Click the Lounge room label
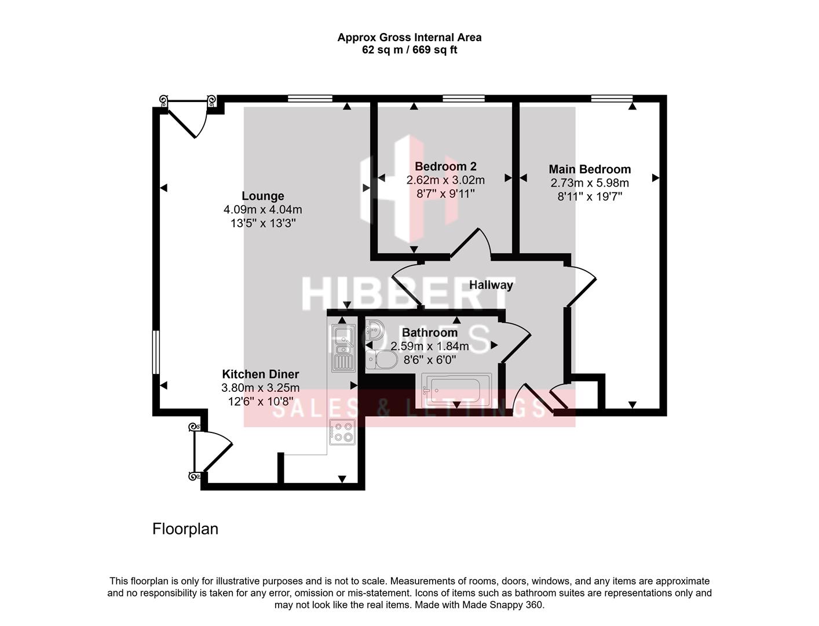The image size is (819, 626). [x=262, y=196]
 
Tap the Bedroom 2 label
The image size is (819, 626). [x=445, y=166]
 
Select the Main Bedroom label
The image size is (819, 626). [x=590, y=169]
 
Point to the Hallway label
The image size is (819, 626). [x=491, y=285]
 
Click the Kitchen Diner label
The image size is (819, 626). [x=261, y=374]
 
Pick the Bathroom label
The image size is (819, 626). [x=429, y=333]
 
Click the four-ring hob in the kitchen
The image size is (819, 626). [x=342, y=432]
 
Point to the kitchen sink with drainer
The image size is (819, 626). [x=342, y=347]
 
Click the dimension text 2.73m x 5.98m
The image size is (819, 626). [x=590, y=183]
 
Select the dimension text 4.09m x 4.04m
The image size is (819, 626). [x=262, y=209]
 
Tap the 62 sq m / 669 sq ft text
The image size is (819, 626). [x=409, y=50]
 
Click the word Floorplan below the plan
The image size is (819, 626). [x=185, y=529]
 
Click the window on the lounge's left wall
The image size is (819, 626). [x=155, y=352]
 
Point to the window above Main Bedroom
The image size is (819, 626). [x=612, y=99]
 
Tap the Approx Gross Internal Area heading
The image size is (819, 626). [x=409, y=37]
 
